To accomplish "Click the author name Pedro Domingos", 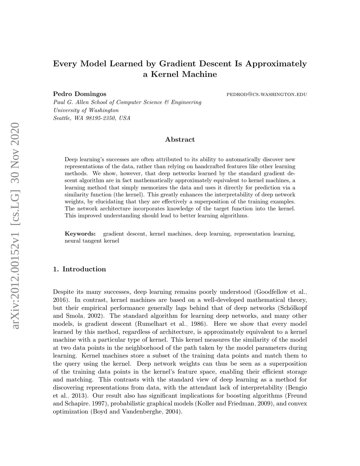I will pos(80,94).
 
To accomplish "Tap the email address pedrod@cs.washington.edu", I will pos(266,94).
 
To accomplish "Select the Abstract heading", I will pos(180,139).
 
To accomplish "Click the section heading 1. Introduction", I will pos(79,269).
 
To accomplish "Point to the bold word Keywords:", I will pos(80,234).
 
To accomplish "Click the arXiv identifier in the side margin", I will pos(16,225).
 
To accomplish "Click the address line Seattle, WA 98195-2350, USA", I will pos(92,118).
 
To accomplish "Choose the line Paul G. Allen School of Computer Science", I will pos(127,103).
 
